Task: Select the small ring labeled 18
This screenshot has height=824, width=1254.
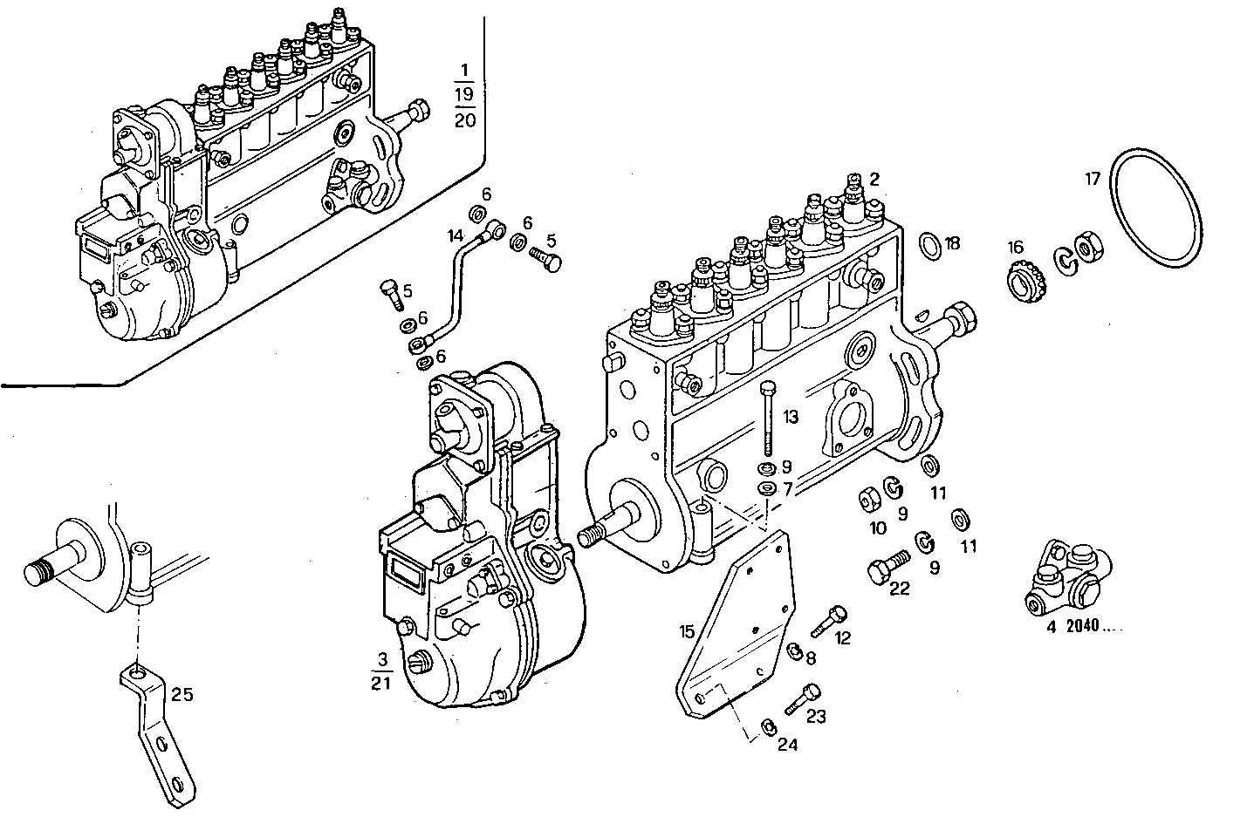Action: coord(930,245)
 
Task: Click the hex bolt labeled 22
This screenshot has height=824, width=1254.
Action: coord(881,570)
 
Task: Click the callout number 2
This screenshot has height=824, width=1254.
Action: coord(874,179)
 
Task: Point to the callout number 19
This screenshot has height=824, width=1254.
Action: coord(465,94)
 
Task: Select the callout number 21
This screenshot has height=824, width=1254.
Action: coord(380,683)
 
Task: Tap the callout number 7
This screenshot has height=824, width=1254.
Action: coord(787,489)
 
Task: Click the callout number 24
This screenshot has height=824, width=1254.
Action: coord(788,745)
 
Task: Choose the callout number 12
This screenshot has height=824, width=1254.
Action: coord(842,637)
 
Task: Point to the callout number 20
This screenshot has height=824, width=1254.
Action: coord(465,120)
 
